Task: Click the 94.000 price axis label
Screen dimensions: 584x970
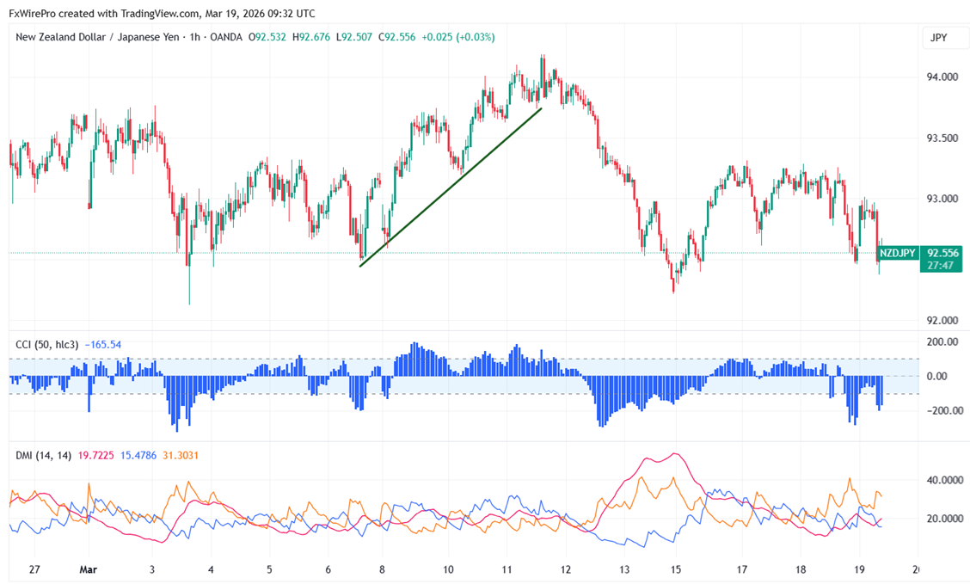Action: [x=942, y=77]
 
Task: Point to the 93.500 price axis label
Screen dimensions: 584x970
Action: [x=942, y=138]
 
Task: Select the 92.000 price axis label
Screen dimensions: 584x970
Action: [x=942, y=320]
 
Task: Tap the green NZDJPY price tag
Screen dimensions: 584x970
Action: [x=899, y=253]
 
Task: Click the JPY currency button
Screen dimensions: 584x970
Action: [x=939, y=38]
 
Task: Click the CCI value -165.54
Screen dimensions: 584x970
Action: [x=104, y=345]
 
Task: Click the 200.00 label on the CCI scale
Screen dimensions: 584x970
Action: [x=942, y=341]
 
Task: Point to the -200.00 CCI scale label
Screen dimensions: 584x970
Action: [x=941, y=410]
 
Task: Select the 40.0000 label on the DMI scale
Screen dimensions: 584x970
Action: [x=943, y=480]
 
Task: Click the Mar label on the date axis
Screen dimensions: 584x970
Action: [x=89, y=569]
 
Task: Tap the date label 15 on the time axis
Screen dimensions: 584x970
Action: [x=676, y=569]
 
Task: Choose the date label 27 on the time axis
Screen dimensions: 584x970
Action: [x=34, y=569]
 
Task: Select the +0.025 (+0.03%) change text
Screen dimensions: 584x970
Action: [x=458, y=37]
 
